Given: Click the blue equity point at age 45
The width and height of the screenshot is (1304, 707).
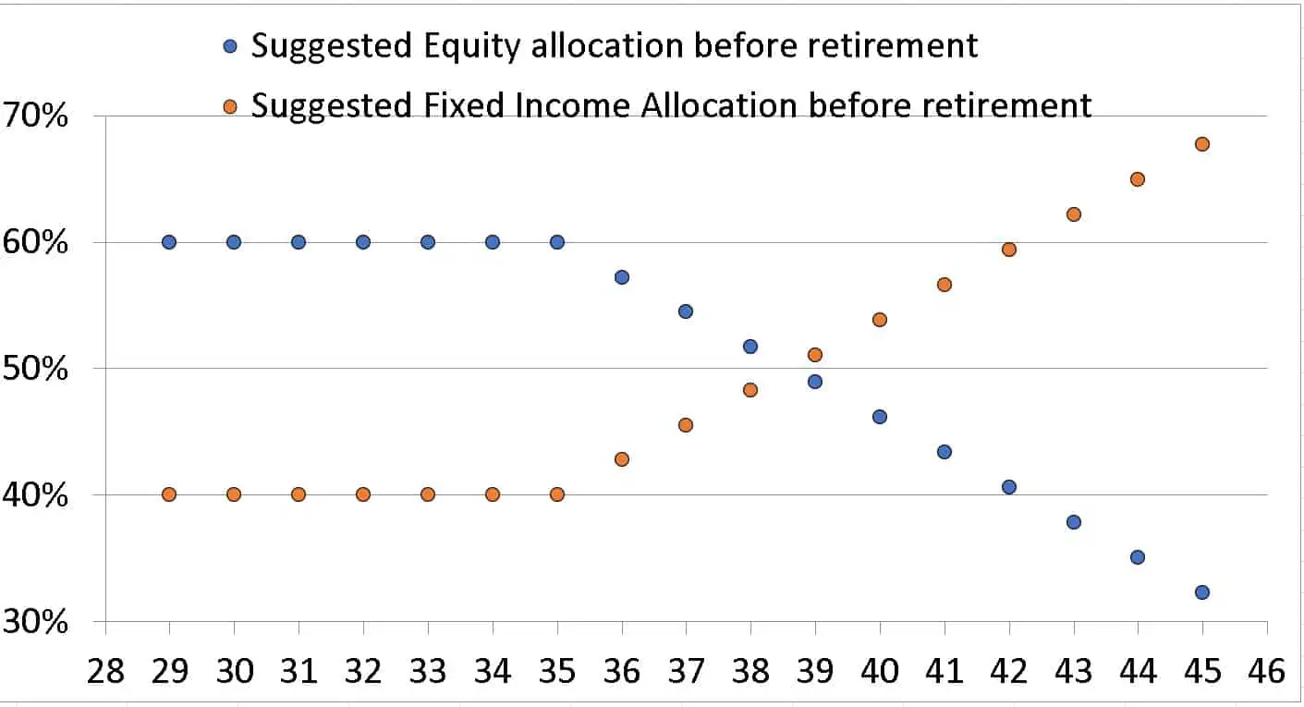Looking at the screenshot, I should [x=1202, y=592].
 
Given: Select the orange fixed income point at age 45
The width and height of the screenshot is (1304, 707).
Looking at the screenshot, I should [x=1202, y=144].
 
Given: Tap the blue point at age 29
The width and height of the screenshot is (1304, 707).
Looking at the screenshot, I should [x=169, y=242].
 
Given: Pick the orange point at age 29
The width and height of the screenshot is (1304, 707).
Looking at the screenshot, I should [x=169, y=494].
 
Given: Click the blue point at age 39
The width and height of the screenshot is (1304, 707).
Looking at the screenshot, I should [x=815, y=382].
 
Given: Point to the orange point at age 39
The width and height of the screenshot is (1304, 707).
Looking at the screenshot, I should [x=815, y=355].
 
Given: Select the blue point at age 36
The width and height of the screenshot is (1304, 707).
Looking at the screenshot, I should [x=622, y=277].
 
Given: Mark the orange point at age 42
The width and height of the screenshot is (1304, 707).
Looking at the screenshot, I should [x=1009, y=250].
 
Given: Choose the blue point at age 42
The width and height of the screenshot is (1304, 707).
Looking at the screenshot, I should [x=1009, y=487].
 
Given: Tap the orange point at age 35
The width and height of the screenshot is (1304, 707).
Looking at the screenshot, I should [x=557, y=494].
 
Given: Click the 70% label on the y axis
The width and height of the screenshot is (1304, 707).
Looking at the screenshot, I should [x=38, y=118].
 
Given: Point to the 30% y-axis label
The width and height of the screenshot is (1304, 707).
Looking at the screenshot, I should [x=38, y=623].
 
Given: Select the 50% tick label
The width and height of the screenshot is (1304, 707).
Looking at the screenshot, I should [x=38, y=371].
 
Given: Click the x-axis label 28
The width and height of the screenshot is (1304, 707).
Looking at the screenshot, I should [x=105, y=670].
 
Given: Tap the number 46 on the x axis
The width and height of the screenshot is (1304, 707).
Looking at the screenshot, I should [x=1266, y=670].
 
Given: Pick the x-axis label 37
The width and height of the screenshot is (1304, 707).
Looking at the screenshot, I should [x=686, y=670].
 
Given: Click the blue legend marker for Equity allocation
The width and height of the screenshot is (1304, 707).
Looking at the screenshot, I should [x=231, y=45].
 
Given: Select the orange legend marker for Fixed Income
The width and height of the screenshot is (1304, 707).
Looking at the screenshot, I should [x=231, y=106].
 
